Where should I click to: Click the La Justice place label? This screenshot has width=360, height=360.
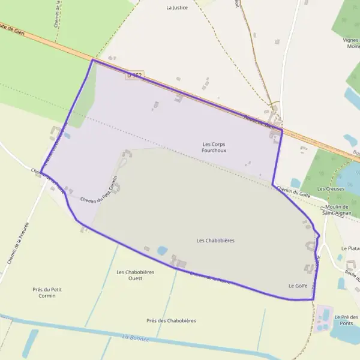pyautogui.click(x=177, y=8)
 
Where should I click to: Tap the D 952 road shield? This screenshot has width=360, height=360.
pyautogui.click(x=134, y=76)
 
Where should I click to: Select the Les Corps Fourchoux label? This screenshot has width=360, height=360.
pyautogui.click(x=214, y=147)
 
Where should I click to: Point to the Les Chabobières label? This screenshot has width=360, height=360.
pyautogui.click(x=215, y=240)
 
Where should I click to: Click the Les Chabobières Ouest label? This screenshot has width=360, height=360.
pyautogui.click(x=136, y=275)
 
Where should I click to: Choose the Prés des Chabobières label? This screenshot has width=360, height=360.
pyautogui.click(x=171, y=320)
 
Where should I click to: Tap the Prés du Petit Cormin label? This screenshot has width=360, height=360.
pyautogui.click(x=47, y=292)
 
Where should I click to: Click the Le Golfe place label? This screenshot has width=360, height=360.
pyautogui.click(x=298, y=286)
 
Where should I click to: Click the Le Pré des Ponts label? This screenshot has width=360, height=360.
pyautogui.click(x=346, y=320)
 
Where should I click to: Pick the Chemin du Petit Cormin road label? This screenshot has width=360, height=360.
pyautogui.click(x=97, y=191)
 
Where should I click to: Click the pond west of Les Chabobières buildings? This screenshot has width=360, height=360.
pyautogui.click(x=162, y=250)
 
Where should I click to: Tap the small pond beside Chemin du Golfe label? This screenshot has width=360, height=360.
pyautogui.click(x=295, y=182)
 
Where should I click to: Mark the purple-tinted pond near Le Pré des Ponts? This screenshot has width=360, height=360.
pyautogui.click(x=325, y=314)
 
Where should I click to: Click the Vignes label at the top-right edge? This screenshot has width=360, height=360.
pyautogui.click(x=350, y=40)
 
